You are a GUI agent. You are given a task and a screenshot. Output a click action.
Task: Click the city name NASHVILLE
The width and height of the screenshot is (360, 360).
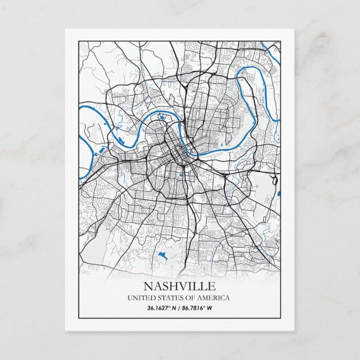pyautogui.click(x=179, y=287)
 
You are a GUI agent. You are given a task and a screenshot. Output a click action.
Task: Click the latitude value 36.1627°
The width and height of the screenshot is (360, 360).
pyautogui.click(x=159, y=308)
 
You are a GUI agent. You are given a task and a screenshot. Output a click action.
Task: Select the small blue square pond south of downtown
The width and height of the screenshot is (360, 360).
pyautogui.click(x=181, y=176)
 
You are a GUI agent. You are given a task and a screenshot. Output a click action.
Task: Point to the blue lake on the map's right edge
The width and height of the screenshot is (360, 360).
pyautogui.click(x=278, y=194)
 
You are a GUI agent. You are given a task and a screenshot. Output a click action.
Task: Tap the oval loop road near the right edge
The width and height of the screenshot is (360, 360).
pyautogui.click(x=274, y=180)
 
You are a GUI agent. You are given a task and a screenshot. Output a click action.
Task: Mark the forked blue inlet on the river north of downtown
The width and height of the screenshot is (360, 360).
pyautogui.click(x=161, y=117)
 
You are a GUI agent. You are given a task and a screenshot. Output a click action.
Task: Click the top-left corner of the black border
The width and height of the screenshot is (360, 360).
pyautogui.click(x=79, y=41)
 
